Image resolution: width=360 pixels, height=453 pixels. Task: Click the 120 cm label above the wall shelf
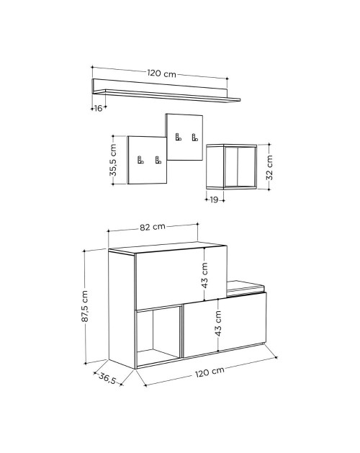(162, 73)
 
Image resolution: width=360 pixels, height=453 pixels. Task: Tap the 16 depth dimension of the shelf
(98, 108)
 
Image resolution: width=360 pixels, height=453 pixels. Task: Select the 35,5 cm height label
(113, 160)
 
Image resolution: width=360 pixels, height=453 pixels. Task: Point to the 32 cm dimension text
(269, 167)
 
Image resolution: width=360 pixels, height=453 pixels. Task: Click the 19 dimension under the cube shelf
(214, 199)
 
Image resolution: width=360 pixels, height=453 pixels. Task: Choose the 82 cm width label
(153, 227)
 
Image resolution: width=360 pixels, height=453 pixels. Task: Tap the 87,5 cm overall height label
(84, 306)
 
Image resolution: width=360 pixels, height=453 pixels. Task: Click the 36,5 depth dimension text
(107, 379)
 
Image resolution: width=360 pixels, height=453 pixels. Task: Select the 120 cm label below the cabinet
(210, 372)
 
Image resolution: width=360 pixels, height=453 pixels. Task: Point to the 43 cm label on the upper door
(204, 275)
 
